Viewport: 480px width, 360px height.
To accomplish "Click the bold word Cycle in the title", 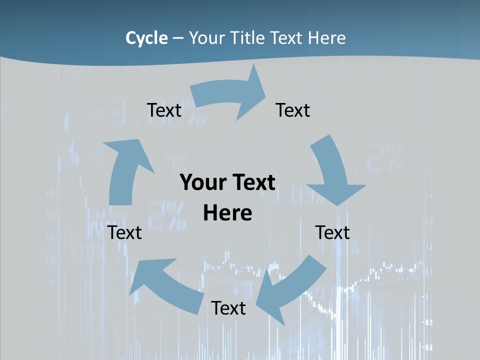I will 146,38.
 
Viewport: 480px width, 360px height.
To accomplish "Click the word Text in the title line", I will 287,38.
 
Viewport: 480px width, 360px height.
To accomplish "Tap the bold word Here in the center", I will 227,213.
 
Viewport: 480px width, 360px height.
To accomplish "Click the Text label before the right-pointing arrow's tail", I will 164,110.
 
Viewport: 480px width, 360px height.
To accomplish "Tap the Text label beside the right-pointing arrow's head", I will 293,110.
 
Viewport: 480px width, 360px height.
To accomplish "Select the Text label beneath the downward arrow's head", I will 332,232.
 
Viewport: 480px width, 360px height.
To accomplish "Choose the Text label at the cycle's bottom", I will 228,308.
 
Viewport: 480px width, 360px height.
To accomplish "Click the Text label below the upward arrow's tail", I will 124,232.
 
